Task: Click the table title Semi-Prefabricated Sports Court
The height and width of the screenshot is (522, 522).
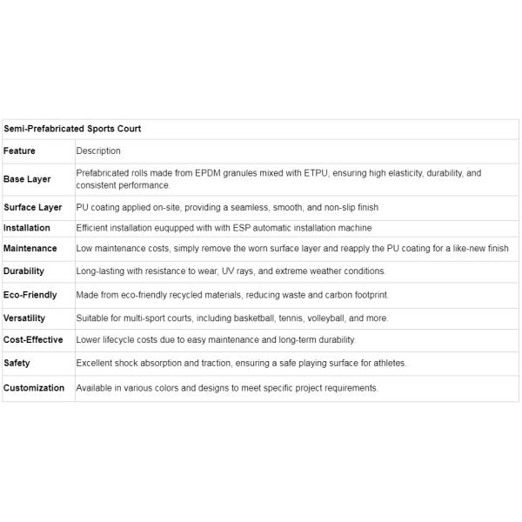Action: (72, 129)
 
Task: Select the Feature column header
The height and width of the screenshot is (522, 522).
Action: (20, 151)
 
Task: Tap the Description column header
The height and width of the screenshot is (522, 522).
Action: (98, 151)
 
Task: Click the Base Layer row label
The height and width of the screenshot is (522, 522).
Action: (27, 179)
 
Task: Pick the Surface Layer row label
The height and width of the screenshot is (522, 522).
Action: (33, 208)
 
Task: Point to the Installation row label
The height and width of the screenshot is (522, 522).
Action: (27, 228)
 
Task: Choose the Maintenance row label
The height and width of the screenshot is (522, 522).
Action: (30, 249)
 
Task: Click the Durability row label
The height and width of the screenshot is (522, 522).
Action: (24, 271)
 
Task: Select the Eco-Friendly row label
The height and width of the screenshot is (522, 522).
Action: (30, 296)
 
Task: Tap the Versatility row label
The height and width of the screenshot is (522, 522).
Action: (24, 318)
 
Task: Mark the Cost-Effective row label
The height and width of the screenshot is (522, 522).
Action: (33, 340)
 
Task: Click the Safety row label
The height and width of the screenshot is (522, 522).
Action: (17, 363)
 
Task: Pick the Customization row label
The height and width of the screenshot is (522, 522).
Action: (34, 388)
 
